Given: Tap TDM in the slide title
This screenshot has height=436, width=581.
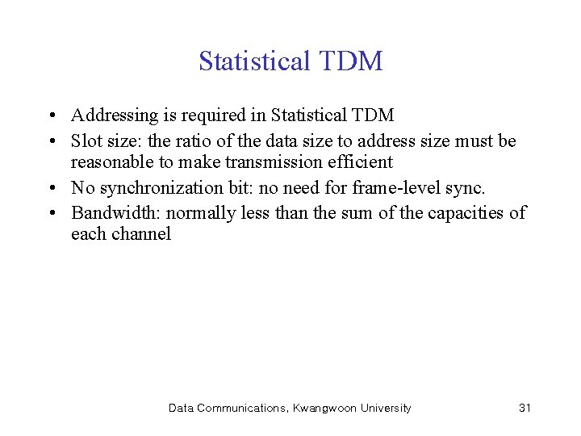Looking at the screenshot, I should coord(353,61).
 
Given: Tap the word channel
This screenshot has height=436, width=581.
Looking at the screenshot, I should coord(143,235).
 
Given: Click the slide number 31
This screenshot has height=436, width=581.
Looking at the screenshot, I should coord(525,408).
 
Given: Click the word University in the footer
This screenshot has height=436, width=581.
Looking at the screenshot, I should coord(385,408).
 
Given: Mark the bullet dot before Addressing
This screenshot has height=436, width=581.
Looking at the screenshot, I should coord(51,116).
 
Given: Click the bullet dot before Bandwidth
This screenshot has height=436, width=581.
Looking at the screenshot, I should coord(51,213).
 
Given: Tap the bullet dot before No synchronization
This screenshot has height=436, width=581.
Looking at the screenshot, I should coord(51,189).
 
